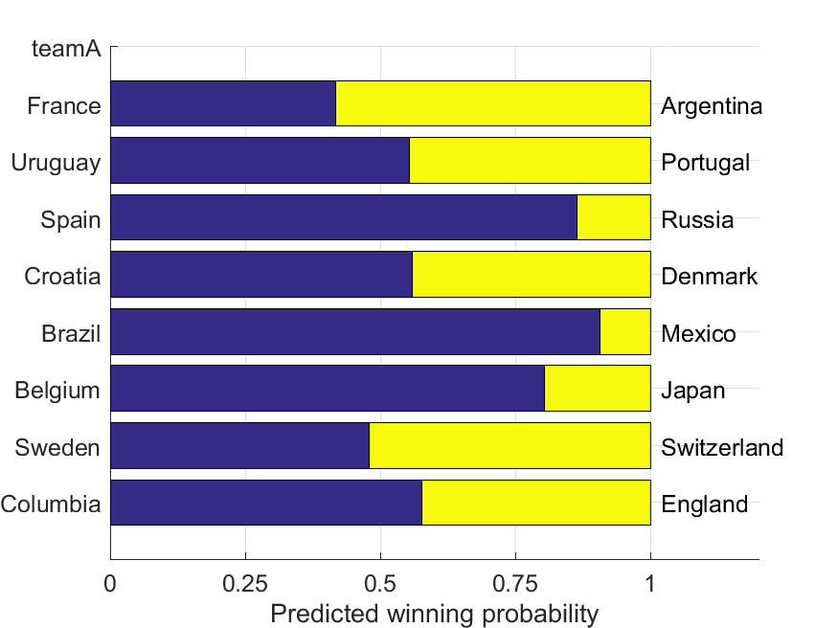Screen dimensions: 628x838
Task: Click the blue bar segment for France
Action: (x=223, y=103)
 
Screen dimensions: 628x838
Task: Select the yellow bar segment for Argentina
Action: (x=493, y=103)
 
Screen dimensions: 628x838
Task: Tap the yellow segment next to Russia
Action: (x=614, y=217)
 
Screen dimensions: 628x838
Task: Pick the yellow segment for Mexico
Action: (x=625, y=331)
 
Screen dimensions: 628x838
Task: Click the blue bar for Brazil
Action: (x=355, y=331)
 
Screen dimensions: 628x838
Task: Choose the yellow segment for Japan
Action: (x=598, y=388)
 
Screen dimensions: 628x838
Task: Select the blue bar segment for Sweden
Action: (x=239, y=445)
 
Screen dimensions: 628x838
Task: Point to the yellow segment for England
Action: (x=536, y=502)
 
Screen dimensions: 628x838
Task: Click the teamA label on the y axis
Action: (x=66, y=48)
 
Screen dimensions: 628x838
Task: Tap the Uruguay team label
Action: (x=56, y=163)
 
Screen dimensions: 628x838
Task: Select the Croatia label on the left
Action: (x=62, y=277)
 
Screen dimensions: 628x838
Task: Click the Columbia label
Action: (x=51, y=505)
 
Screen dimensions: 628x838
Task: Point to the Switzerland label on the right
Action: (x=722, y=447)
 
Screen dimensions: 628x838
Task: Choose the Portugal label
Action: (x=706, y=163)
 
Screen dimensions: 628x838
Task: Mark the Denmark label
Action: (x=709, y=277)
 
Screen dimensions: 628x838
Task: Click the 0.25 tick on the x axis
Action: (x=246, y=583)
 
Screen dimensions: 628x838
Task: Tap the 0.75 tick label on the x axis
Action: (x=516, y=583)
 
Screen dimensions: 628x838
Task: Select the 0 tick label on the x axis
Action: (x=111, y=583)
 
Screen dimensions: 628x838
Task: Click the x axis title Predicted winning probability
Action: (x=434, y=614)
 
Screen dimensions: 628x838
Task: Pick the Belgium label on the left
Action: (x=57, y=391)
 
